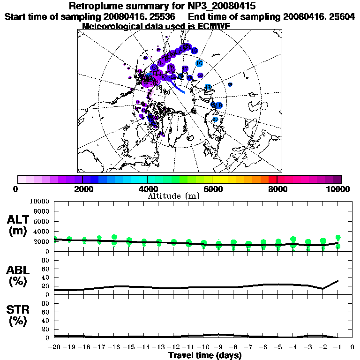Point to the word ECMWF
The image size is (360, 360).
click(209, 26)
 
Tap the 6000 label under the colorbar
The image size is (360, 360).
click(212, 189)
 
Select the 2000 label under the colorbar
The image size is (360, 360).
click(82, 189)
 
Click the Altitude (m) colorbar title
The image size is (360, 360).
click(174, 196)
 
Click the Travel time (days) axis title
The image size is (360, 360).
click(205, 356)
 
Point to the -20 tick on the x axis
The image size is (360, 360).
click(55, 347)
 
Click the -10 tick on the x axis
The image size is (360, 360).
click(203, 347)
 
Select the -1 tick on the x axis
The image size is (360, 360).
click(337, 347)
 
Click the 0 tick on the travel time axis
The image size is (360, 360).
click(352, 347)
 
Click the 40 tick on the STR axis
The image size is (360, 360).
click(46, 320)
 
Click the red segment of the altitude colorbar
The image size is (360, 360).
click(272, 179)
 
